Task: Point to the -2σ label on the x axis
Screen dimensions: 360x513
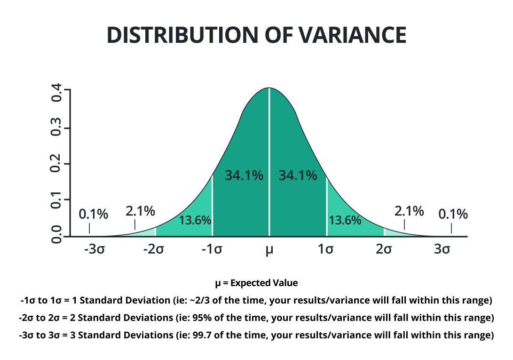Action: pos(153,249)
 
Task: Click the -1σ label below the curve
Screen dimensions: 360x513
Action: pos(212,249)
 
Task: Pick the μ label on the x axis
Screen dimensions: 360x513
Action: pos(269,250)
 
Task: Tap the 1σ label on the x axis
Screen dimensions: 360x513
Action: pos(325,249)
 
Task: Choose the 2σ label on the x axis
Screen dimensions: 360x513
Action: pos(384,249)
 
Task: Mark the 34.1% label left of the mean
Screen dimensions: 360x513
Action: pos(244,176)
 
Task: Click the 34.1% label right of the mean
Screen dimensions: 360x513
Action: pos(298,176)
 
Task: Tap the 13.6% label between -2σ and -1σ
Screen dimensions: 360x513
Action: pos(195,220)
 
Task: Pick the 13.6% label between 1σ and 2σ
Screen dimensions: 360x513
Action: pos(345,220)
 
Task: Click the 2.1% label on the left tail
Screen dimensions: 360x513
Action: pos(140,211)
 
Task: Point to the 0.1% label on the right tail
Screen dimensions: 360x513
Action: pos(453,215)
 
